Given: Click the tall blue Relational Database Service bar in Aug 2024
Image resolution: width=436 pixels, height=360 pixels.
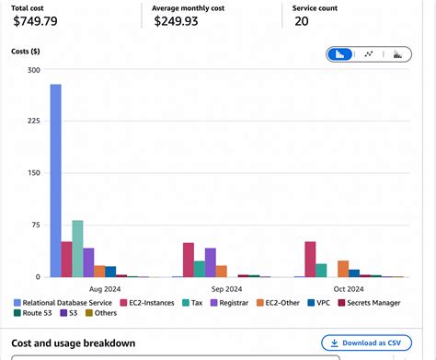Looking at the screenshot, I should coord(55,180).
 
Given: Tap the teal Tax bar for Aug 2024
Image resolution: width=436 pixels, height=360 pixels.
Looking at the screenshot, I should coord(77,249).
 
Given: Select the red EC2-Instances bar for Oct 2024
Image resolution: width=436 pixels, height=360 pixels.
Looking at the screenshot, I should coord(310,259).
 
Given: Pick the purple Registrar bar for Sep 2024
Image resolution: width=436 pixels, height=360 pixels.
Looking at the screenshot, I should coord(210,262).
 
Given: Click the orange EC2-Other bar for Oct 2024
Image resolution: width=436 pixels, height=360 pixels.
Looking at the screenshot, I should coord(343,269).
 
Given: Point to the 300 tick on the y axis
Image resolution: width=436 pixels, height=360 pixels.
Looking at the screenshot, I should coord(34,70).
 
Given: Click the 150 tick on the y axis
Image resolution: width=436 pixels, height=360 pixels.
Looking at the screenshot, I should coord(34,173).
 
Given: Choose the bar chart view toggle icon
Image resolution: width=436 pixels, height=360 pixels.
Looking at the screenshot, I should coord(340,54).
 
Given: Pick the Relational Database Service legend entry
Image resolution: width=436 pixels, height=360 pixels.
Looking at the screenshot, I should coord(64,301).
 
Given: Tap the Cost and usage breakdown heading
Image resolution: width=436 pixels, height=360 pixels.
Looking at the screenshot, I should coord(74,343).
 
